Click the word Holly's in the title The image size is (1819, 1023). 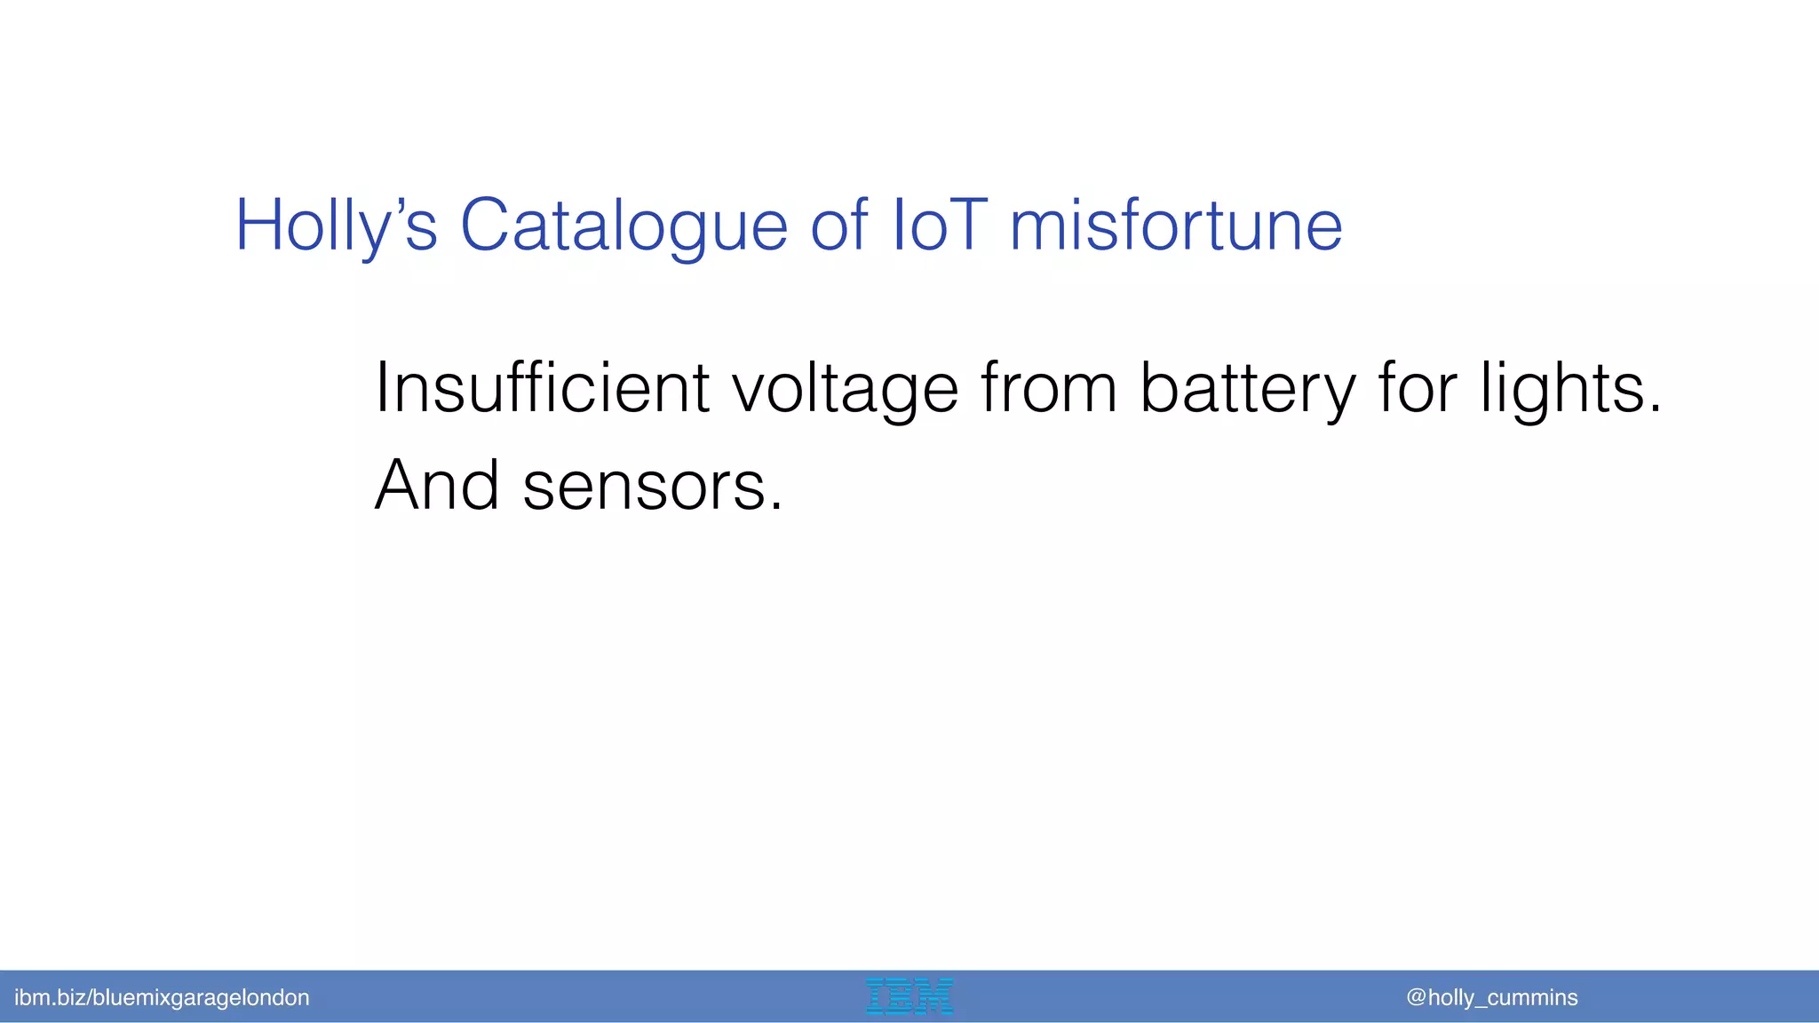336,226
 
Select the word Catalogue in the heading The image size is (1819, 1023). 624,226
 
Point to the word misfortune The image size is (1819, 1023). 1176,226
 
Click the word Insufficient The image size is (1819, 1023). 542,388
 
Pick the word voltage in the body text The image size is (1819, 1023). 845,390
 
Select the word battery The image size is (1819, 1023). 1247,390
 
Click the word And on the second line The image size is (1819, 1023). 437,486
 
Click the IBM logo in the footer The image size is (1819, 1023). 909,996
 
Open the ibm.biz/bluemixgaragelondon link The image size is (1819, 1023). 162,997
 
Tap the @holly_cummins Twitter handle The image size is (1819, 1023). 1492,997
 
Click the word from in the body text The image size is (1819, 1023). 1048,388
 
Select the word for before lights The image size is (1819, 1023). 1418,388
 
